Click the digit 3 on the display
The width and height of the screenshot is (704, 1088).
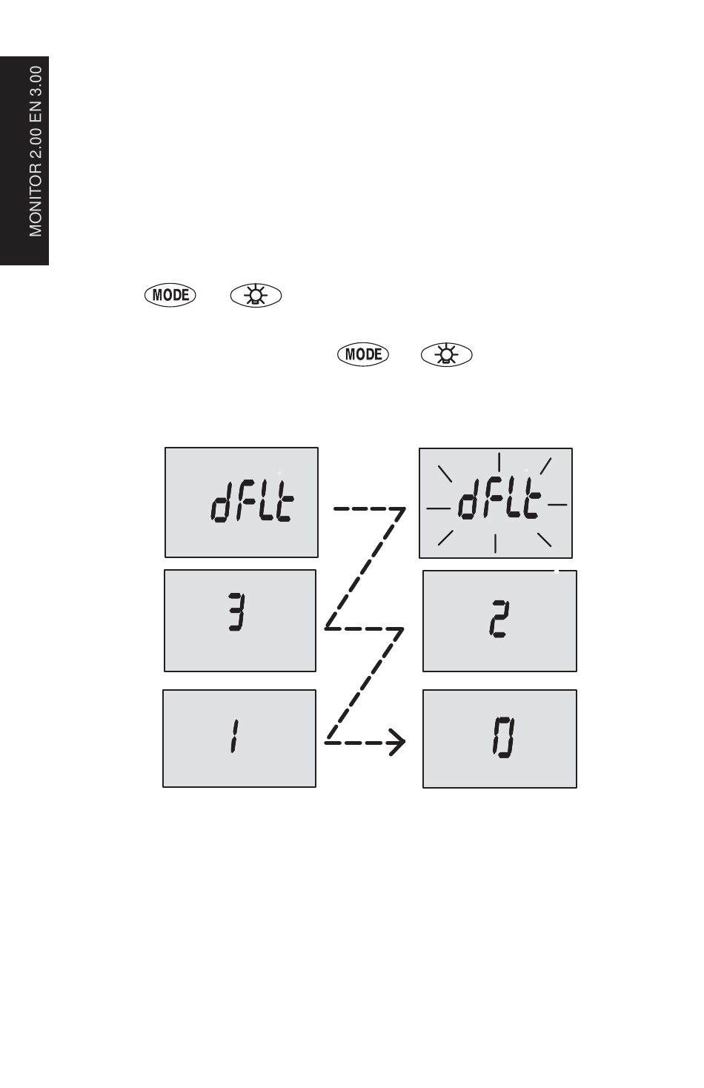(236, 611)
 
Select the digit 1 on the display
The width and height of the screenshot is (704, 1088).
(234, 736)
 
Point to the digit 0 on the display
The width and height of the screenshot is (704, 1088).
(503, 737)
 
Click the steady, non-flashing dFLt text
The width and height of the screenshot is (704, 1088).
(253, 501)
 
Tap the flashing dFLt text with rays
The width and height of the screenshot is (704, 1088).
(499, 498)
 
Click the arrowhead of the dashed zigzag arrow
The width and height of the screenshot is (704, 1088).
(398, 742)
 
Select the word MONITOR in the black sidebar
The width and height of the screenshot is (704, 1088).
(36, 199)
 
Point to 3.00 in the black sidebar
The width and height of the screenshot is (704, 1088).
(36, 82)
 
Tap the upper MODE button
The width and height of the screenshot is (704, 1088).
(170, 295)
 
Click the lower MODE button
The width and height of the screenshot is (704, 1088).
(363, 354)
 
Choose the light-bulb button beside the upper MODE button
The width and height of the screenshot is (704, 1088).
(256, 295)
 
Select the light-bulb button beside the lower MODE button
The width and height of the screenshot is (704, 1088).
(447, 354)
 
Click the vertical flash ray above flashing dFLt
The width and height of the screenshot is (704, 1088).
(499, 462)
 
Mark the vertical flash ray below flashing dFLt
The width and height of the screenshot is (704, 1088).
(495, 543)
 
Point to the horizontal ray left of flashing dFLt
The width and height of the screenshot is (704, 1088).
(439, 508)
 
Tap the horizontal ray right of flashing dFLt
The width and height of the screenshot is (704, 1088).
(557, 505)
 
